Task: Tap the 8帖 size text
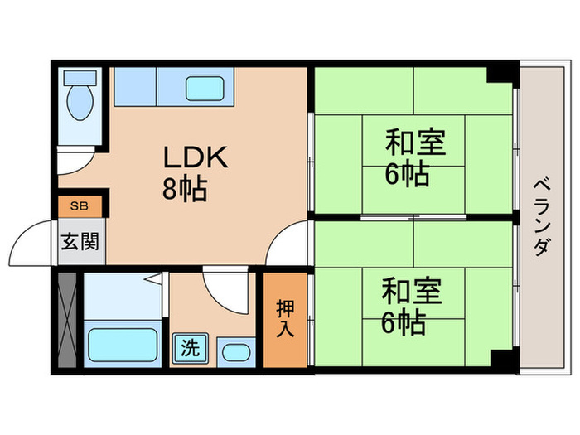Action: [x=184, y=190]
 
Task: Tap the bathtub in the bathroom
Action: [x=123, y=343]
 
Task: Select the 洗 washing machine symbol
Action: [x=190, y=348]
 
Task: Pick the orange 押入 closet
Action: [x=284, y=319]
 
